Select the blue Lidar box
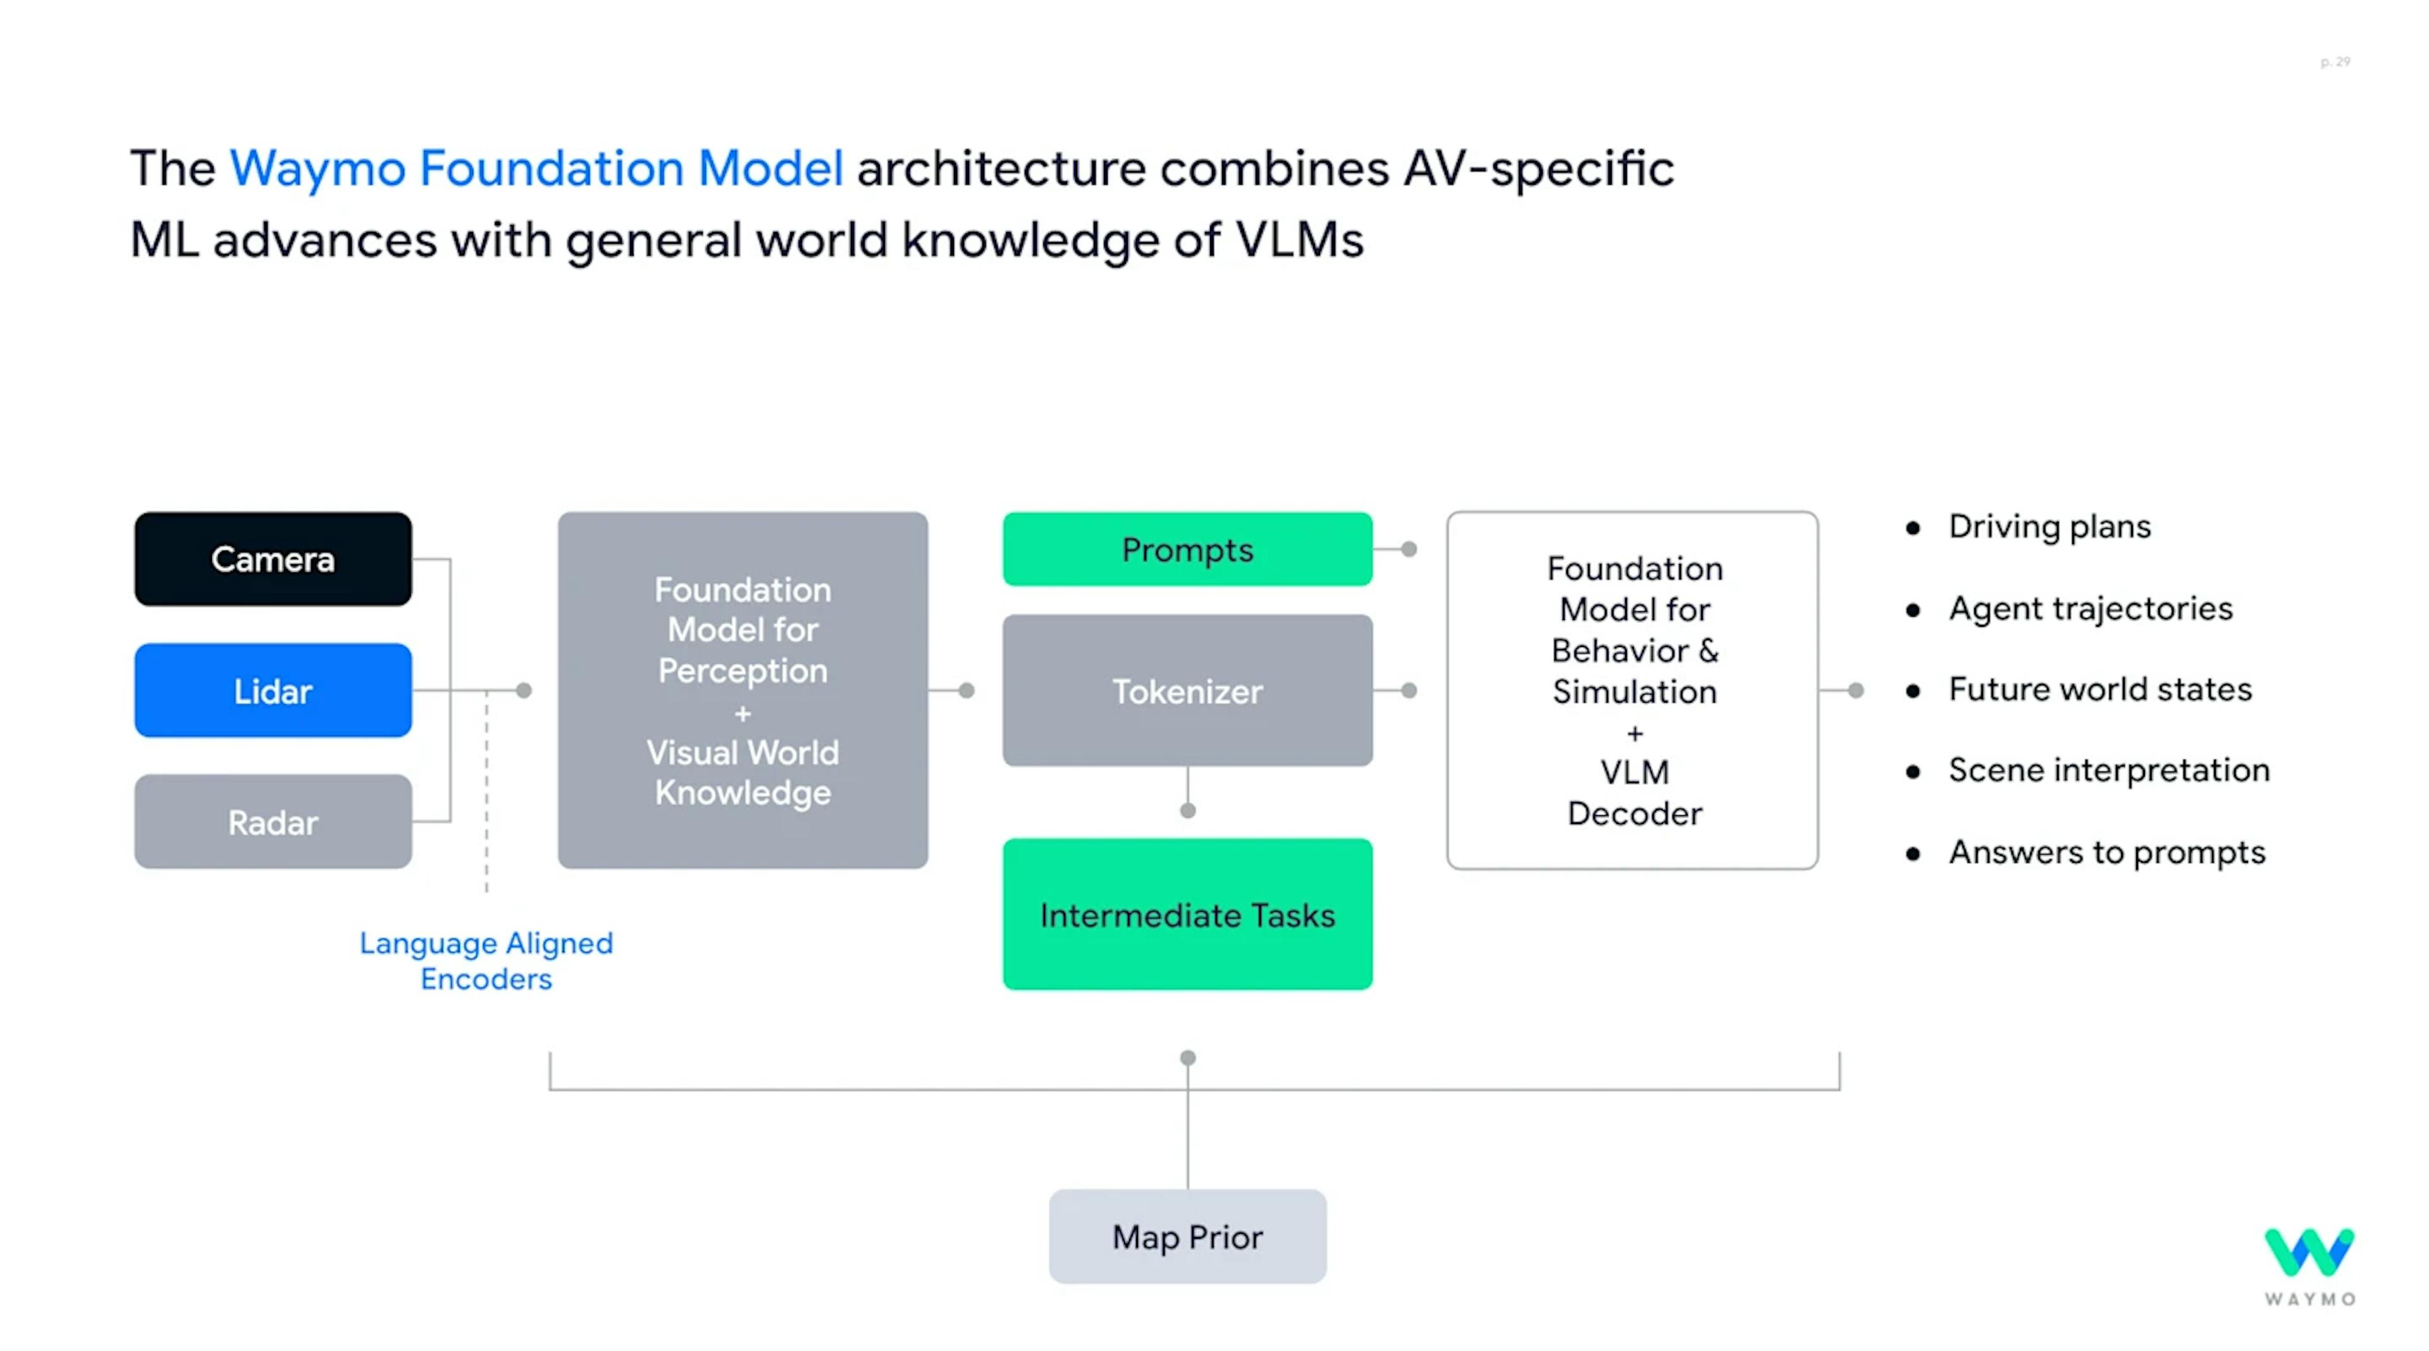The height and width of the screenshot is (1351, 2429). pyautogui.click(x=273, y=690)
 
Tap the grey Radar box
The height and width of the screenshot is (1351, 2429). pyautogui.click(x=273, y=821)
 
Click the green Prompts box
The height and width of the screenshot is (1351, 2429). pyautogui.click(x=1187, y=549)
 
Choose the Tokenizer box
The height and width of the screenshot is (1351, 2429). pyautogui.click(x=1187, y=690)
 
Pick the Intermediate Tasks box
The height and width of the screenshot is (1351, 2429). pyautogui.click(x=1187, y=913)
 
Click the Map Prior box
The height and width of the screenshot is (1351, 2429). pyautogui.click(x=1187, y=1236)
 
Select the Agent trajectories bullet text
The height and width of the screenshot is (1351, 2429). pyautogui.click(x=2091, y=608)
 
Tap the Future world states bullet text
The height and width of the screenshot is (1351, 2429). pyautogui.click(x=2100, y=689)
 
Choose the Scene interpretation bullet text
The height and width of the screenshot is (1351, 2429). pyautogui.click(x=2108, y=770)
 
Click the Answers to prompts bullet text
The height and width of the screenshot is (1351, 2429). pyautogui.click(x=2106, y=852)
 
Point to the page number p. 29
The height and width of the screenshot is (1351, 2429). pyautogui.click(x=2335, y=62)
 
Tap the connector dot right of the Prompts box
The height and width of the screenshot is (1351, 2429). pyautogui.click(x=1409, y=549)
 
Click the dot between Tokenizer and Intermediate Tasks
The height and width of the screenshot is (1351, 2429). pyautogui.click(x=1188, y=810)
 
